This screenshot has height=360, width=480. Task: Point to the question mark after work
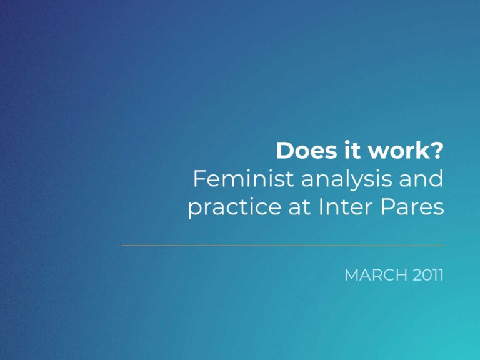point(436,150)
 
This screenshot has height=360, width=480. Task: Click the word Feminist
point(244,179)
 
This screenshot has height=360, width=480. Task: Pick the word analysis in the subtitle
point(346,181)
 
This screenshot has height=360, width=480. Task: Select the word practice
point(234,208)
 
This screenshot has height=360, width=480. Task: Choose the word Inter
point(345,207)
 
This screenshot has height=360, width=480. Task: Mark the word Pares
point(412,207)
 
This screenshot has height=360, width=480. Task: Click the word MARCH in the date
point(376,275)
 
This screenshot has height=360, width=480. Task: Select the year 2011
point(428,275)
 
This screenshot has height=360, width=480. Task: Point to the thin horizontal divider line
point(283,245)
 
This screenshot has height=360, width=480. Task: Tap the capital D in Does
point(284,150)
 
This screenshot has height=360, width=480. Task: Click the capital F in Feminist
point(199,179)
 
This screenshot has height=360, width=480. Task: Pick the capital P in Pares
point(387,207)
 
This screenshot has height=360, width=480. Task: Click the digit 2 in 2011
point(417,275)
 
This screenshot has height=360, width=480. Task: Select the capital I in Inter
point(321,207)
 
